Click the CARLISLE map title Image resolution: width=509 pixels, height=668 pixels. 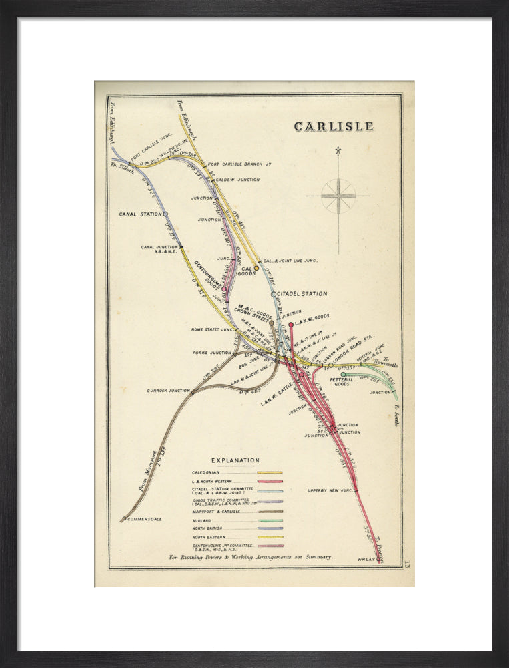point(334,126)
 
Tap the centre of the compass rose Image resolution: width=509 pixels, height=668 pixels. point(338,196)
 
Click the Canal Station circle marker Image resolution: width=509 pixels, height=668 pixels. point(165,214)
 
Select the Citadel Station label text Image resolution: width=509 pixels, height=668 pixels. point(302,294)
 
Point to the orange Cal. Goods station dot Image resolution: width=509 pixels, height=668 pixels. point(256,268)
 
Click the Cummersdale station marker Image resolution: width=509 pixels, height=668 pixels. point(124,518)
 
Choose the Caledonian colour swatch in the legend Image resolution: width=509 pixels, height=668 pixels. point(270,472)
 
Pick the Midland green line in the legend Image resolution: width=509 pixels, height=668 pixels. point(270,520)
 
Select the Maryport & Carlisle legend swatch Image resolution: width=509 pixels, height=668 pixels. point(270,512)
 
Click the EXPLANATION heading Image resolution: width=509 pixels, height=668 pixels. point(235,460)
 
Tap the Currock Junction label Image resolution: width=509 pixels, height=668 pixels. point(169,391)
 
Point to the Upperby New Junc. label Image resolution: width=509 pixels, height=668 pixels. point(330,491)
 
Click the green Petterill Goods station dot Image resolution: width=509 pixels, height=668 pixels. point(343,375)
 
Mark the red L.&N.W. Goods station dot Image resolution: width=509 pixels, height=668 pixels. point(291,325)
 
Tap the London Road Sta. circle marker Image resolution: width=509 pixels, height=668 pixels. point(330,365)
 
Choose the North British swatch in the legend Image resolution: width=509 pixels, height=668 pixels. point(270,528)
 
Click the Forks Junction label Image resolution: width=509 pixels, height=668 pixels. point(211,353)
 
